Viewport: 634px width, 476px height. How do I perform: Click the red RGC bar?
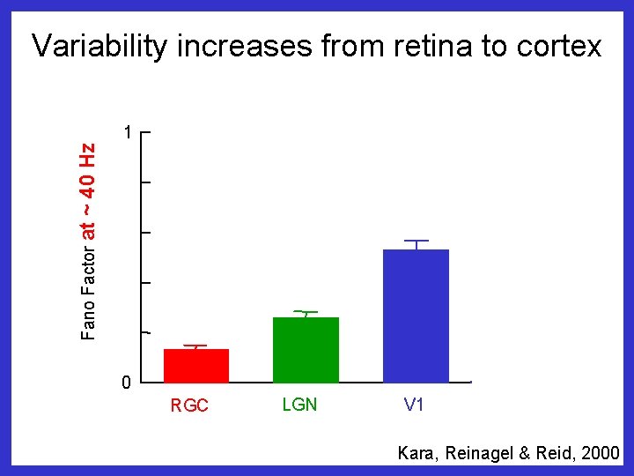(x=196, y=366)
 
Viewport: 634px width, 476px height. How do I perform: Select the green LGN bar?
(x=306, y=350)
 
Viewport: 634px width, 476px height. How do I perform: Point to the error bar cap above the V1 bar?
(x=416, y=241)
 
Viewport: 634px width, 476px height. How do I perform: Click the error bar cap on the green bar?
(x=306, y=312)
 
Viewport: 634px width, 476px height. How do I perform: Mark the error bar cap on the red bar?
(x=196, y=346)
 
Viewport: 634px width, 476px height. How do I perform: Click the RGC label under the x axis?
(x=189, y=406)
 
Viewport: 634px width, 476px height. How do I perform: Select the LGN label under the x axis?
(x=299, y=405)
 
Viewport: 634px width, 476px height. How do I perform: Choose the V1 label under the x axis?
(x=414, y=405)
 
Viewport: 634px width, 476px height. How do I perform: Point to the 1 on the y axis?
(x=128, y=133)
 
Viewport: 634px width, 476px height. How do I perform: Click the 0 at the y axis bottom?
(x=127, y=383)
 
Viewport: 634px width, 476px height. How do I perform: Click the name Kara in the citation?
(x=415, y=453)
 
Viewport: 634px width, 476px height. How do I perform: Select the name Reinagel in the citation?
(x=475, y=453)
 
